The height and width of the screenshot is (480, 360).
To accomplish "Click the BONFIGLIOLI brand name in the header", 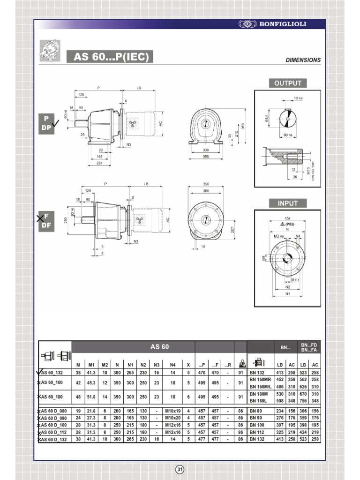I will click(284, 24).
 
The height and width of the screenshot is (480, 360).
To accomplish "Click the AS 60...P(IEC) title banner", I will click(110, 57).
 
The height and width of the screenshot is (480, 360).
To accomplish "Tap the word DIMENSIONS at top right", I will click(303, 60).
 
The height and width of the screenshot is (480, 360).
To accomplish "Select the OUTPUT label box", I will click(287, 83).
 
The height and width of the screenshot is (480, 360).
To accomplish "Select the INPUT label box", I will click(287, 203).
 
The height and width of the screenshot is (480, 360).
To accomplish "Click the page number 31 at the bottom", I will click(180, 469).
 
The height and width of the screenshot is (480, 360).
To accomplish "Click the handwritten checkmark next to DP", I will click(56, 123).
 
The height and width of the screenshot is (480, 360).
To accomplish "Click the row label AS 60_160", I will click(52, 382).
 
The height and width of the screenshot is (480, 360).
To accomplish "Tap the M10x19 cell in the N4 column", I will click(172, 412).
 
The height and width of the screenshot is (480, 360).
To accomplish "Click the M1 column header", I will click(92, 365).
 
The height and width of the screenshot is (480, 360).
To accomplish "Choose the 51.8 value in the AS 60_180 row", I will click(92, 397).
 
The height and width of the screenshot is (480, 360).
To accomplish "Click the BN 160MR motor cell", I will click(261, 380).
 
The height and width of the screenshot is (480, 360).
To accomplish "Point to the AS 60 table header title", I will click(159, 347).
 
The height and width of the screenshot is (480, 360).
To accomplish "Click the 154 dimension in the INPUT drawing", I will click(287, 219).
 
